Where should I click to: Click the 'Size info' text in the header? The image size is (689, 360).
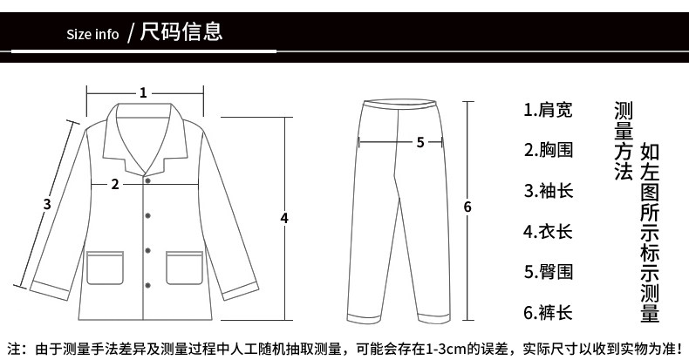pyautogui.click(x=92, y=35)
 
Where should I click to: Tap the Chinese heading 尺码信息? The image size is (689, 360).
pyautogui.click(x=181, y=33)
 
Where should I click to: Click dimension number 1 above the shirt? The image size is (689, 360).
pyautogui.click(x=143, y=92)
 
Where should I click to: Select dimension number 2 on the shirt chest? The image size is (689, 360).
pyautogui.click(x=115, y=184)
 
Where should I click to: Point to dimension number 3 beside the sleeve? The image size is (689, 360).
pyautogui.click(x=47, y=204)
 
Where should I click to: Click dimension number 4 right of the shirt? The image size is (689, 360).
pyautogui.click(x=284, y=217)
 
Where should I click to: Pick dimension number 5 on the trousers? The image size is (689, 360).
pyautogui.click(x=420, y=143)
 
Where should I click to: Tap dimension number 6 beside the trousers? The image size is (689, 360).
pyautogui.click(x=467, y=207)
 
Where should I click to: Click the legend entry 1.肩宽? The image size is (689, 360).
pyautogui.click(x=548, y=110)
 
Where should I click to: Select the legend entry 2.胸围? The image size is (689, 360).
pyautogui.click(x=548, y=150)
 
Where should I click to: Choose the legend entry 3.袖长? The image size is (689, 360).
pyautogui.click(x=548, y=190)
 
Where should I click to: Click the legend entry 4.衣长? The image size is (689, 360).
pyautogui.click(x=548, y=231)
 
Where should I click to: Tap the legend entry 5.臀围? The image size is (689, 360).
pyautogui.click(x=548, y=271)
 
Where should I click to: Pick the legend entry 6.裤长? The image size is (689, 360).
pyautogui.click(x=548, y=311)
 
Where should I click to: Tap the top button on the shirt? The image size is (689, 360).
pyautogui.click(x=147, y=181)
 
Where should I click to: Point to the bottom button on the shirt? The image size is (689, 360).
pyautogui.click(x=147, y=281)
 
